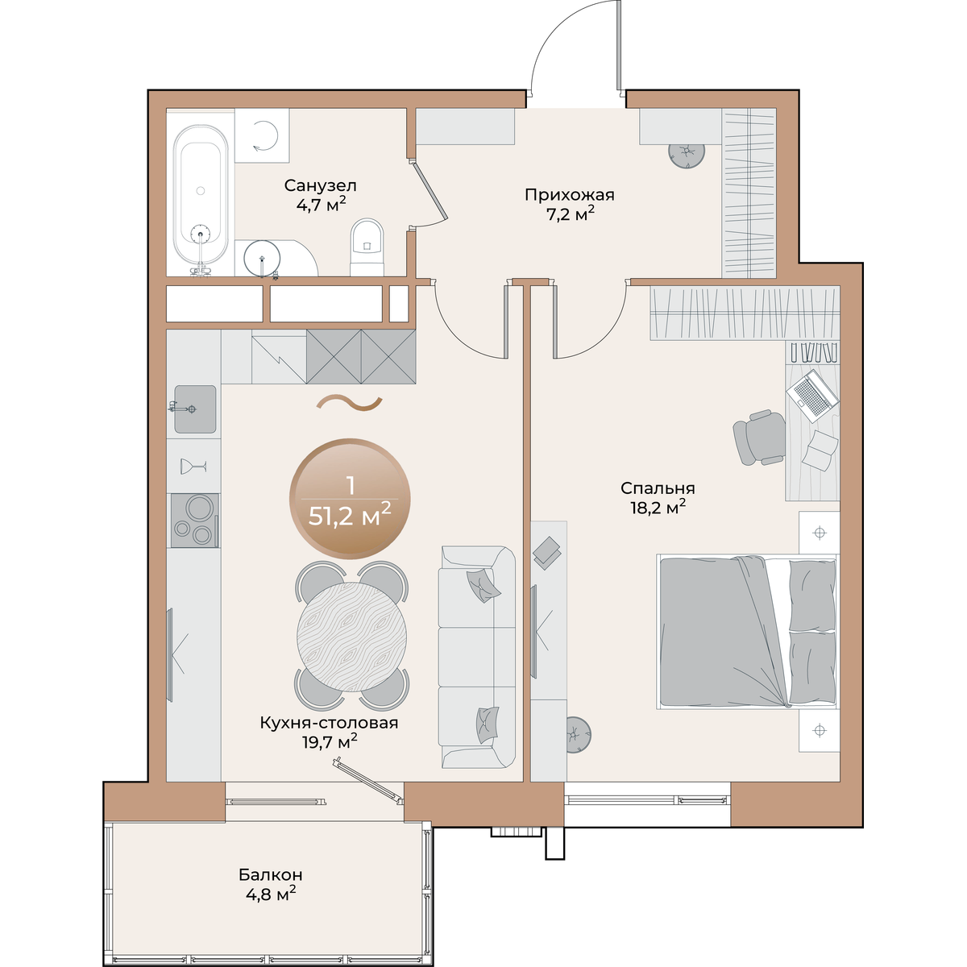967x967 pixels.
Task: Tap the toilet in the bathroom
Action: (367, 247)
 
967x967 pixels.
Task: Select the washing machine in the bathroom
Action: (262, 135)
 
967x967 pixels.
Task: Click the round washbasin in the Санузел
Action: (261, 259)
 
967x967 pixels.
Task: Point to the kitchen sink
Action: (195, 409)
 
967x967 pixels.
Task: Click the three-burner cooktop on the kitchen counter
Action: (195, 521)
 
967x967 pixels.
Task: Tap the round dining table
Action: (351, 637)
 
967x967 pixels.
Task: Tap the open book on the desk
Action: (819, 450)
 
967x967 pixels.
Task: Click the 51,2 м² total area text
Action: (350, 516)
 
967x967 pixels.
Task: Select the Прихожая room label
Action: (570, 195)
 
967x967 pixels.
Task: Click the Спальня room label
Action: (658, 488)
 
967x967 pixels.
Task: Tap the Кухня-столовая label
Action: (329, 723)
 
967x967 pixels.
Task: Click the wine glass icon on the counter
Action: (193, 466)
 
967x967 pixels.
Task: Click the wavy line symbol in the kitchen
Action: (350, 404)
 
